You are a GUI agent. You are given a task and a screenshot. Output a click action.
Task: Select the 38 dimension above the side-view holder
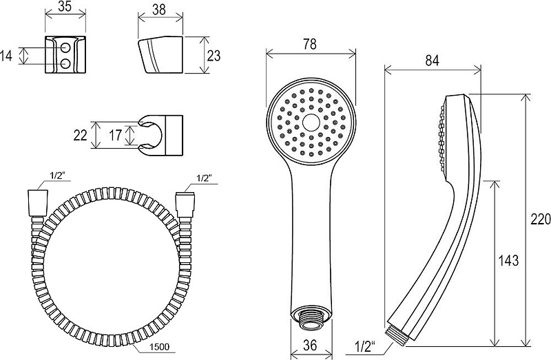[159, 10]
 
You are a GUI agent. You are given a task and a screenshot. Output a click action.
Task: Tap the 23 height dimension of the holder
[214, 56]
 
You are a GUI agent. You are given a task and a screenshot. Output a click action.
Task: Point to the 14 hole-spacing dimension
[6, 56]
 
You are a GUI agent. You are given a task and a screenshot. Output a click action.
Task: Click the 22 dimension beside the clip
[80, 135]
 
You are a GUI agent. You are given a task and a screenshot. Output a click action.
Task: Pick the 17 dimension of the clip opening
[115, 135]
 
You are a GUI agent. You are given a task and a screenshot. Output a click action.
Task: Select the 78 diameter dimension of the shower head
[309, 44]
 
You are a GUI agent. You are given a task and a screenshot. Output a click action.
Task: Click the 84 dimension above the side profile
[432, 61]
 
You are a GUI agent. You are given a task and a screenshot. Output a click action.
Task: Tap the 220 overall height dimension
[541, 220]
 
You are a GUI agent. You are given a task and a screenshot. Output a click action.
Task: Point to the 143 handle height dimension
[508, 260]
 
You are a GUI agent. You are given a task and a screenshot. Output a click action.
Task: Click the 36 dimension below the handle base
[309, 346]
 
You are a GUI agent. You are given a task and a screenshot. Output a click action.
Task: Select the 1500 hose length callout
[160, 347]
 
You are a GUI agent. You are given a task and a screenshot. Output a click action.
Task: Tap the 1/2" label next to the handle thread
[365, 347]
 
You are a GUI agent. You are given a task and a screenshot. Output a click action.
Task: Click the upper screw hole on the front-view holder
[65, 47]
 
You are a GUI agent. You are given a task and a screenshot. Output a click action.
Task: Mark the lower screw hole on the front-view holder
[65, 64]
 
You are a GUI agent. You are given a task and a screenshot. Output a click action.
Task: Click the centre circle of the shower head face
[311, 123]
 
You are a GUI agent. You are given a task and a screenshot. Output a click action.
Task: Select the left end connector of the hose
[37, 203]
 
